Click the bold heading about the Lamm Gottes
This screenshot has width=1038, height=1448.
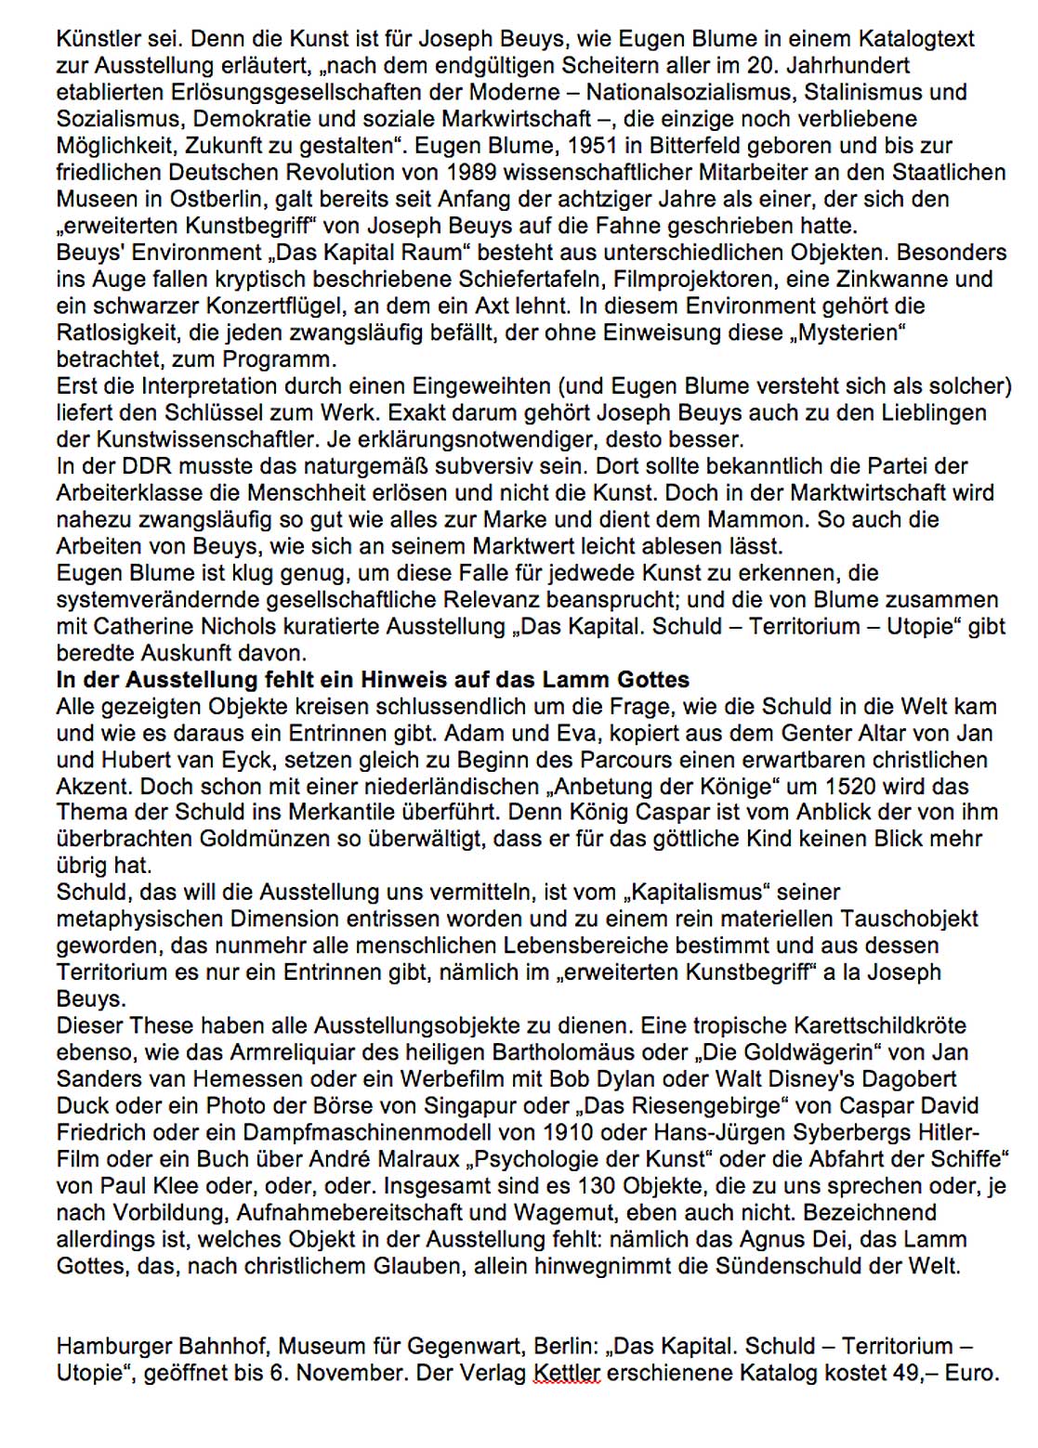(x=373, y=680)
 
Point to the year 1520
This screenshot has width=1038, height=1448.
(x=832, y=787)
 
